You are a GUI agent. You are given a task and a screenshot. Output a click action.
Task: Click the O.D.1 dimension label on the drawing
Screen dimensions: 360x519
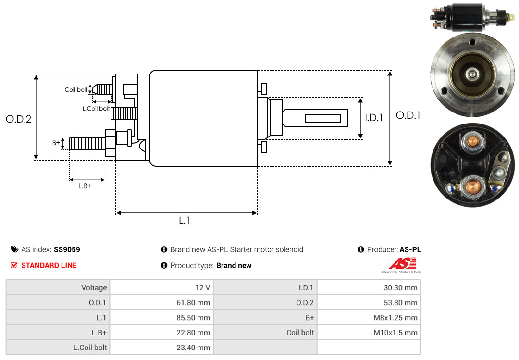pos(408,115)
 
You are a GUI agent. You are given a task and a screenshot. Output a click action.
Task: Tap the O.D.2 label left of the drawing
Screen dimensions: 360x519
pos(18,119)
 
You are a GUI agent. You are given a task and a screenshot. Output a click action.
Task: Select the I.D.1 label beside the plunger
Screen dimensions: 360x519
pos(373,117)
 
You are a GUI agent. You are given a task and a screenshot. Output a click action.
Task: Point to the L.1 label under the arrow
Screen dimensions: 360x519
pos(185,221)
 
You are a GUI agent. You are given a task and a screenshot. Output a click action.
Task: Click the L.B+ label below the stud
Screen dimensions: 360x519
pos(85,186)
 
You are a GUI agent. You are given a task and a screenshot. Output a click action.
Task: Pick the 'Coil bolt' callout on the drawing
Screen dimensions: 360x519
pos(76,90)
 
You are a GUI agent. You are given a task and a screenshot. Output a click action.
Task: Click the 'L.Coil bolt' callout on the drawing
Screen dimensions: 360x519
pos(96,109)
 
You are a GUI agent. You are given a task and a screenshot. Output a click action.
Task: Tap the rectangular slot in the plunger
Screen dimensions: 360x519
pos(323,118)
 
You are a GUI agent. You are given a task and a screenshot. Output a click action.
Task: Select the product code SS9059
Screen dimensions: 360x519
pos(67,249)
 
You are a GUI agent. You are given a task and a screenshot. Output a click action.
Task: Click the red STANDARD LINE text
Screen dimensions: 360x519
pos(49,265)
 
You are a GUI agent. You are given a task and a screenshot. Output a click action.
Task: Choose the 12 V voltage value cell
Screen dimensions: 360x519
pos(161,288)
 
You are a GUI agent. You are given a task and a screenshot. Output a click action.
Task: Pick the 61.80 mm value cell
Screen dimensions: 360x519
pos(161,303)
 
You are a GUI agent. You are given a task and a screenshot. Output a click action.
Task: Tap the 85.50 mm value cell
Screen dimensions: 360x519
pos(161,318)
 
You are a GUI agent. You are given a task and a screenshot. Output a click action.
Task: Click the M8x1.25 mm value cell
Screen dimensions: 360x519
pos(369,318)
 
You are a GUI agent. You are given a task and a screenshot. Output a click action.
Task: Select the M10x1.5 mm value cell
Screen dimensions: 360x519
pos(369,333)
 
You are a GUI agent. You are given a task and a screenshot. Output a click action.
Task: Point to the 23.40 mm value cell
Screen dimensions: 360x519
pos(161,347)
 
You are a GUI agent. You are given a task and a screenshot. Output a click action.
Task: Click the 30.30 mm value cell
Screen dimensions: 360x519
pos(369,288)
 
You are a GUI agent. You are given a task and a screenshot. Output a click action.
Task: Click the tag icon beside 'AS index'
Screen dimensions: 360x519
pos(14,249)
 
